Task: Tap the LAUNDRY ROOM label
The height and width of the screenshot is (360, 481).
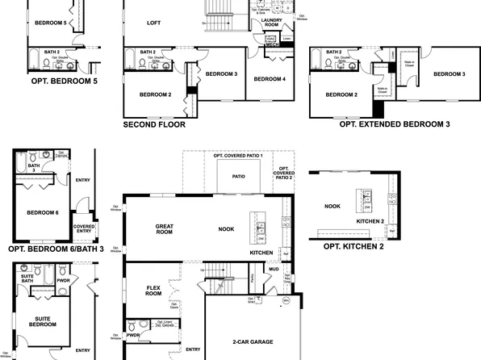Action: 271,23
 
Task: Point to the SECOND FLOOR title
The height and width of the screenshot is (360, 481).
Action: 154,125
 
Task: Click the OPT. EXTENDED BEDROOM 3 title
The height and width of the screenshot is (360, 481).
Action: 395,125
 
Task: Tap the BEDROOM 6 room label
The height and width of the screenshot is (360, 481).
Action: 42,212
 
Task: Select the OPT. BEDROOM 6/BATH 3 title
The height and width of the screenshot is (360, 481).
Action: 56,249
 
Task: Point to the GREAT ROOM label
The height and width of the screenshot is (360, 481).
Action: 165,228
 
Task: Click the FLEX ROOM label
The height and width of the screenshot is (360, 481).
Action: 155,291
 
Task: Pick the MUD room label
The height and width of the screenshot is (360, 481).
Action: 274,269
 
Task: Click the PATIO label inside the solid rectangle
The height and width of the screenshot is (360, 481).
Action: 239,175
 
